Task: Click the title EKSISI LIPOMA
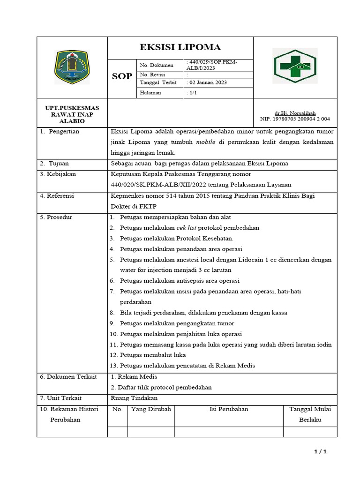point(180,47)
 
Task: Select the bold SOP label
point(121,76)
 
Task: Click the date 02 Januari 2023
point(207,82)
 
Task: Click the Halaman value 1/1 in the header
point(192,93)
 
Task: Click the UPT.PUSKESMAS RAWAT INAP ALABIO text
point(72,114)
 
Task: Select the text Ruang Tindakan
point(134,398)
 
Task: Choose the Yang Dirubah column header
point(151,409)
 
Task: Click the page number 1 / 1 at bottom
point(320,452)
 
